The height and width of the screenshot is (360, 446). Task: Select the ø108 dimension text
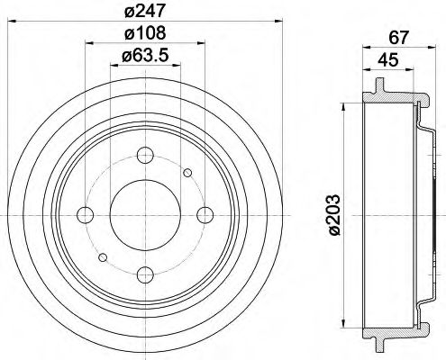point(145,35)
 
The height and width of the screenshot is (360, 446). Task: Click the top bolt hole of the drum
point(145,154)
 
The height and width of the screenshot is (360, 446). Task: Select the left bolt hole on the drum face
point(86,214)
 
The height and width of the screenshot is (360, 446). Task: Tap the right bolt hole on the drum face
point(205,214)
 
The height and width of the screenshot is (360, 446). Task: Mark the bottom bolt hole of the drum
point(145,274)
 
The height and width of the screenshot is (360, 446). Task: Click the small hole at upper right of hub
point(187,172)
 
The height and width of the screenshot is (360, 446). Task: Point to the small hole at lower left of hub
point(104,257)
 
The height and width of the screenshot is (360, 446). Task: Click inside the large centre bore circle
point(145,214)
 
